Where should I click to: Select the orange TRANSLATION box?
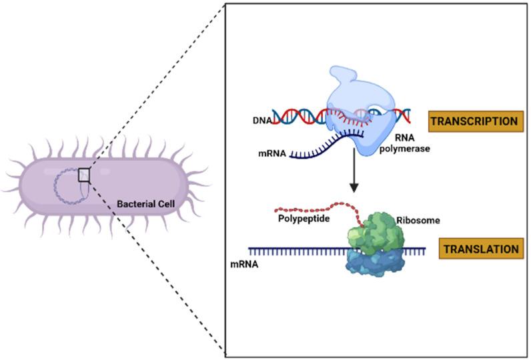[x=481, y=249]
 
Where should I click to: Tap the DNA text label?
[x=262, y=120]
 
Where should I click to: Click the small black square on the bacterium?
[x=83, y=175]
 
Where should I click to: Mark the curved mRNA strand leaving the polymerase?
[x=320, y=149]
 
